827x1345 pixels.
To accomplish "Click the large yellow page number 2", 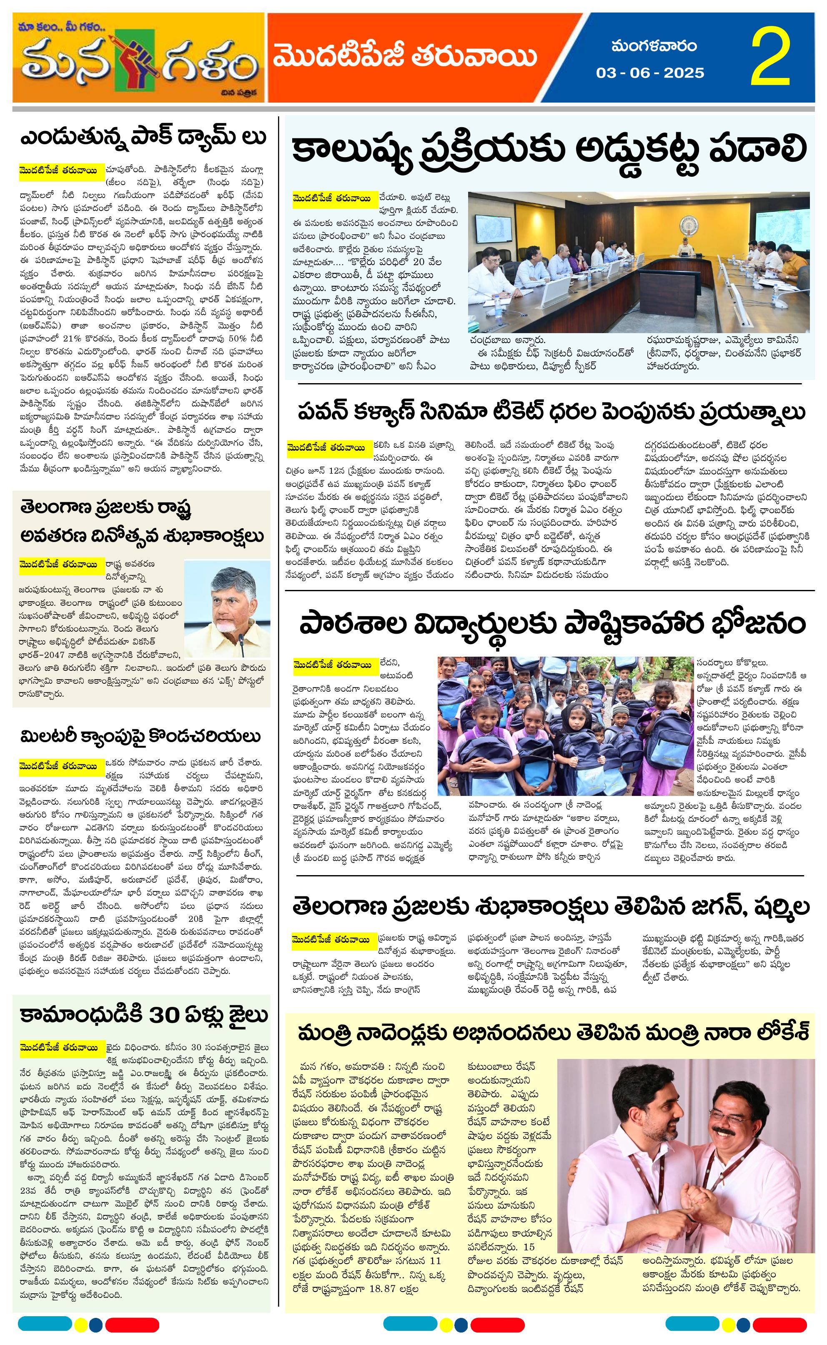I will pyautogui.click(x=771, y=58).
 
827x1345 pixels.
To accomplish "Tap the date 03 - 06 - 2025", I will pyautogui.click(x=650, y=73).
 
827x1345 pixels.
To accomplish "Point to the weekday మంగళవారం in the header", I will pyautogui.click(x=654, y=46).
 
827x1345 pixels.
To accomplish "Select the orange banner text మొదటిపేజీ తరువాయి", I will pyautogui.click(x=405, y=57).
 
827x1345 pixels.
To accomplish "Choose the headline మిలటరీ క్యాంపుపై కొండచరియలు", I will pyautogui.click(x=140, y=736).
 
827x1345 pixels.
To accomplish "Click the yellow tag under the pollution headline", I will pyautogui.click(x=335, y=198).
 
